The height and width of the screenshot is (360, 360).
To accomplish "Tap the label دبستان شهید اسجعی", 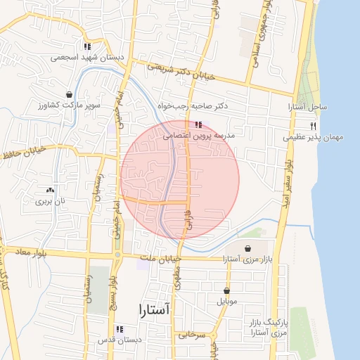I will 87,56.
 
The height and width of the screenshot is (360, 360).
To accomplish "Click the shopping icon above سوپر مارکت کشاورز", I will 69,94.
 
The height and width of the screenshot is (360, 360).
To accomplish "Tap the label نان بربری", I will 50,201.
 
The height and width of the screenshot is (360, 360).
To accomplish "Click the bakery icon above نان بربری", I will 50,191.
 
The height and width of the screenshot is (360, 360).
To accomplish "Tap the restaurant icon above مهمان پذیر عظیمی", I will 314,124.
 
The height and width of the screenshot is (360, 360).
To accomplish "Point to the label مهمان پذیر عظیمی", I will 314,138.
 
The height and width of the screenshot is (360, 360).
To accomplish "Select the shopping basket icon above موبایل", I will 226,290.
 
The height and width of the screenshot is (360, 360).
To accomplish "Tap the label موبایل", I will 226,302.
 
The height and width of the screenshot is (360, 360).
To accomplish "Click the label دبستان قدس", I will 120,340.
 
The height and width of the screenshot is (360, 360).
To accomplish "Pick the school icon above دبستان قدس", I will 120,329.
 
